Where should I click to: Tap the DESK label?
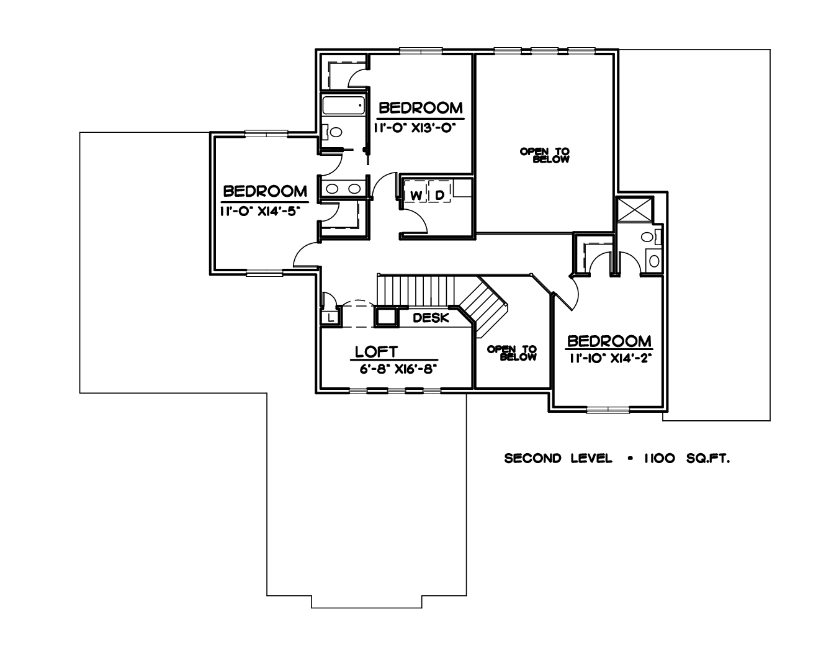(431, 318)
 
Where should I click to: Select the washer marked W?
(415, 196)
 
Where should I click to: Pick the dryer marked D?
(439, 196)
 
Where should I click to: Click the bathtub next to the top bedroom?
(343, 106)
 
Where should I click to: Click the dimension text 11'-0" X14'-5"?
(260, 211)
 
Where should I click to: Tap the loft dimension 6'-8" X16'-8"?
(398, 369)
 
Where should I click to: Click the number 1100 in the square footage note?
(659, 458)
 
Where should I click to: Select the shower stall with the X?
(634, 210)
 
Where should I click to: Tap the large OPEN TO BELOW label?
(545, 155)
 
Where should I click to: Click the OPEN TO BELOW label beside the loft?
(512, 353)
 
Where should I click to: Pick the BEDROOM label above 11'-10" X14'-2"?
(609, 341)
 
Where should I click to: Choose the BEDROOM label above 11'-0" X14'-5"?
(265, 192)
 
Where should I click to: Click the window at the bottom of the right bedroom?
(608, 410)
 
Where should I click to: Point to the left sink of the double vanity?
(332, 189)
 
